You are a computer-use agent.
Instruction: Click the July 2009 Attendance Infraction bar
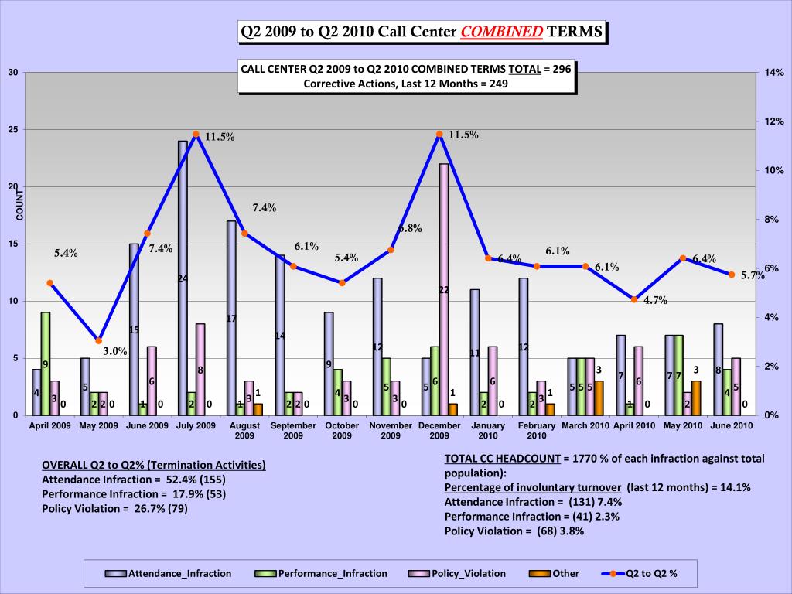[x=183, y=278]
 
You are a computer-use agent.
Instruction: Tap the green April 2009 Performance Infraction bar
[x=46, y=364]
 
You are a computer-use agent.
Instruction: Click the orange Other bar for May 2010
[x=696, y=398]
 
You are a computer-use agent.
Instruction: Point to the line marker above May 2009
[x=98, y=340]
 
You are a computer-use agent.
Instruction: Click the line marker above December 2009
[x=439, y=134]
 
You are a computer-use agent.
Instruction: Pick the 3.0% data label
[x=115, y=351]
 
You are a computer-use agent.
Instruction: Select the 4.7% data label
[x=654, y=301]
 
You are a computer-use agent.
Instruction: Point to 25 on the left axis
[x=12, y=130]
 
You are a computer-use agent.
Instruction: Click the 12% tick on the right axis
[x=774, y=121]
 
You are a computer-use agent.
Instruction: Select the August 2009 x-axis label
[x=244, y=430]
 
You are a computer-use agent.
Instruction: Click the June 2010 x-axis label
[x=732, y=425]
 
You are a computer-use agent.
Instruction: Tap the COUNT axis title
[x=21, y=204]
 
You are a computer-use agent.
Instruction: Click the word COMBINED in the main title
[x=502, y=32]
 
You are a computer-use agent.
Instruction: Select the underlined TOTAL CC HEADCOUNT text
[x=502, y=459]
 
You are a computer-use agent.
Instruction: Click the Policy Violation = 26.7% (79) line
[x=114, y=508]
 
